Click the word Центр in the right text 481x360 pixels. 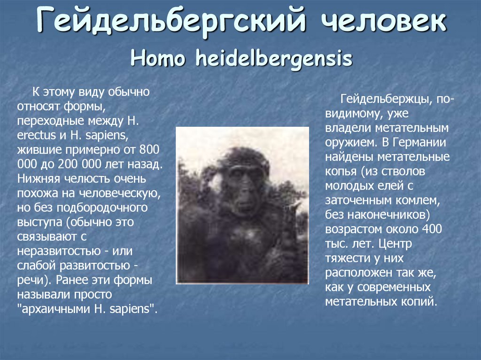(398, 244)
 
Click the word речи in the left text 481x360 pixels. (31, 281)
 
